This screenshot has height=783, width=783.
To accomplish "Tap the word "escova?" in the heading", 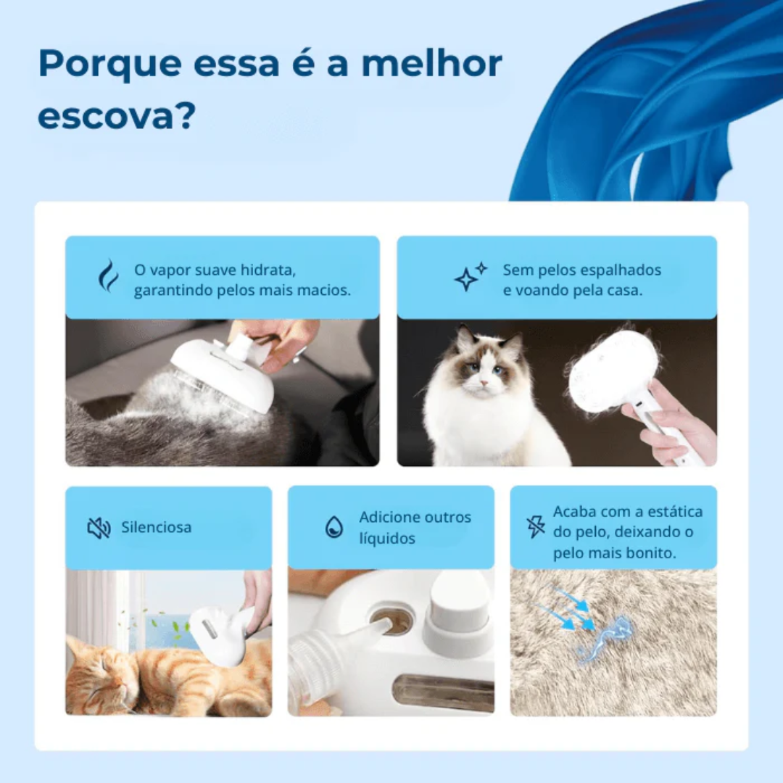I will pyautogui.click(x=117, y=117).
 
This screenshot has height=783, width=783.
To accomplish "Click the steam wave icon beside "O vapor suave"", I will pyautogui.click(x=108, y=275).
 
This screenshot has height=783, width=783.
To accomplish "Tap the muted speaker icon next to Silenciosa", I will pyautogui.click(x=99, y=528).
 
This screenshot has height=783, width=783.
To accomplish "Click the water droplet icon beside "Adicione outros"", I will pyautogui.click(x=334, y=527).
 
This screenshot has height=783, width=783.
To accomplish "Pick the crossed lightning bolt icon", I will pyautogui.click(x=536, y=526).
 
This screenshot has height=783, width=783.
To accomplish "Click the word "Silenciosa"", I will pyautogui.click(x=157, y=527).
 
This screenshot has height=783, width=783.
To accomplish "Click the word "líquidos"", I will pyautogui.click(x=387, y=539).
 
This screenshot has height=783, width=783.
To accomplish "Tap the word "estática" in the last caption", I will pyautogui.click(x=671, y=511).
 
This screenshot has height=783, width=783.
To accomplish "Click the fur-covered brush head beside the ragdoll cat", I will pyautogui.click(x=613, y=370).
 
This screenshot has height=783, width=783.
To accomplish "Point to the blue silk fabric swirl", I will pyautogui.click(x=652, y=101).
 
